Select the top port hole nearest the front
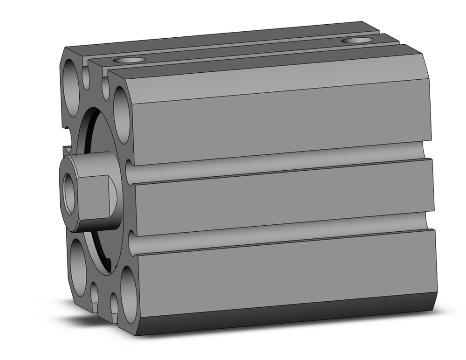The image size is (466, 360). pos(129,60)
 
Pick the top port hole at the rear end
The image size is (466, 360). pos(356,41)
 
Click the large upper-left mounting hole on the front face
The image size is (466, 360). pos(72,87)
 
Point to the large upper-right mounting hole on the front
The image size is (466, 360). pos(121,114)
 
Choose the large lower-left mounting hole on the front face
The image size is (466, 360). pos(79,261)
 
